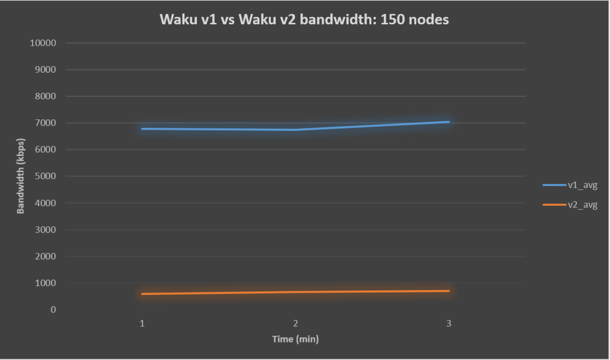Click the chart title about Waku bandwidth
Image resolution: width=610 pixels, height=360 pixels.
click(x=304, y=19)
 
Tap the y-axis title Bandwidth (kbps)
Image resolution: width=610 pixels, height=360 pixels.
click(x=21, y=176)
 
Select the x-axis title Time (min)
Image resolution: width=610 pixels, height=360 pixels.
click(x=295, y=339)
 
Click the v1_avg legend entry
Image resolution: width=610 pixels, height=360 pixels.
click(x=570, y=185)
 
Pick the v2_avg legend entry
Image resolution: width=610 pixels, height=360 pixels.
click(x=570, y=205)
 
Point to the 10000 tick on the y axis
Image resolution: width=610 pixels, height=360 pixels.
click(x=43, y=43)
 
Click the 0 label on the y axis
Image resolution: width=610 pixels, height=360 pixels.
click(x=53, y=310)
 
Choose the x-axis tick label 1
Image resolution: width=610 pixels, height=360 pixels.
click(x=142, y=323)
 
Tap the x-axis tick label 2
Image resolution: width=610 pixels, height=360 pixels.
click(x=295, y=323)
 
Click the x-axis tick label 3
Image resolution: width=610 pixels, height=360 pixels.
click(x=449, y=323)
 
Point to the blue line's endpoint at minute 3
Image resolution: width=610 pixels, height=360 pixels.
click(x=449, y=121)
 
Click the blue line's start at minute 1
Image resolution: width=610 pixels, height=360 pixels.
click(x=142, y=129)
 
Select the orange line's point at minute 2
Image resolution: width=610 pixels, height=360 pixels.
click(x=295, y=292)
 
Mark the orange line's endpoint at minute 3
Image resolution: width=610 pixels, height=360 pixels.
click(x=449, y=291)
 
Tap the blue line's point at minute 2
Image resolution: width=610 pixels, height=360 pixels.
click(x=295, y=130)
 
